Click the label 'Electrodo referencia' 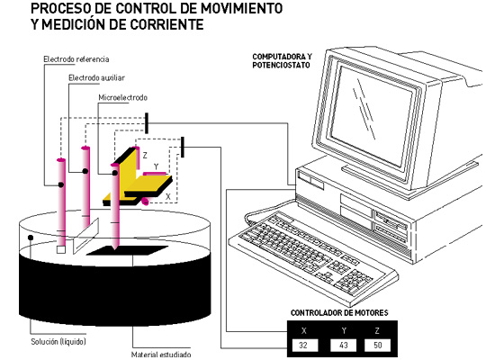[x=76, y=59]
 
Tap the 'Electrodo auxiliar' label [x=96, y=77]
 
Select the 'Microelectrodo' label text [x=122, y=97]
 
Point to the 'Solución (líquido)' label [x=58, y=341]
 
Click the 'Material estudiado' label [x=161, y=355]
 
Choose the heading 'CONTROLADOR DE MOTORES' [x=339, y=313]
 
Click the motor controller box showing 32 [x=304, y=345]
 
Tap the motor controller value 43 [x=344, y=345]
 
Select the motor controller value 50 [x=378, y=345]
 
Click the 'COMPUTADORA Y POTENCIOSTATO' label [x=282, y=60]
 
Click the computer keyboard [x=312, y=254]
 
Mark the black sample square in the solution [x=127, y=250]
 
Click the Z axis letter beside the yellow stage [x=145, y=155]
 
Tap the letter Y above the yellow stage [x=156, y=166]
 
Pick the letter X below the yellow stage [x=168, y=196]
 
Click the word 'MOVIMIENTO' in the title [x=242, y=8]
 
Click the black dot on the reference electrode [x=61, y=184]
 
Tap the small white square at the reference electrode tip [x=61, y=250]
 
